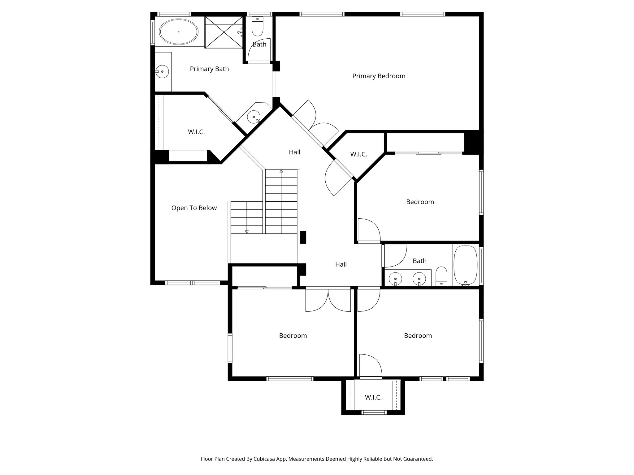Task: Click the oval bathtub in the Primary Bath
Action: pos(179,32)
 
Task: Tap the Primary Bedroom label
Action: pos(378,76)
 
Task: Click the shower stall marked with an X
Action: pos(224,32)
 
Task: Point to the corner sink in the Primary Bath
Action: pos(254,117)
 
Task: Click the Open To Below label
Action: pos(194,208)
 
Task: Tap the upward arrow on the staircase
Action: pos(281,171)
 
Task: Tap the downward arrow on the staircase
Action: pos(247,231)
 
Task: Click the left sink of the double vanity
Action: pos(395,278)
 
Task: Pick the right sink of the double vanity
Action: pos(419,278)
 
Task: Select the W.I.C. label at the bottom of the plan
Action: pos(373,397)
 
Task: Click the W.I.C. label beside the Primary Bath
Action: pos(196,132)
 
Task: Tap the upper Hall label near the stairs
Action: pos(294,152)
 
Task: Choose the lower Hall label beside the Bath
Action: pos(341,264)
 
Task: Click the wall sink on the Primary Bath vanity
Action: pos(162,72)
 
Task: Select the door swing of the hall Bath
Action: pos(394,256)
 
